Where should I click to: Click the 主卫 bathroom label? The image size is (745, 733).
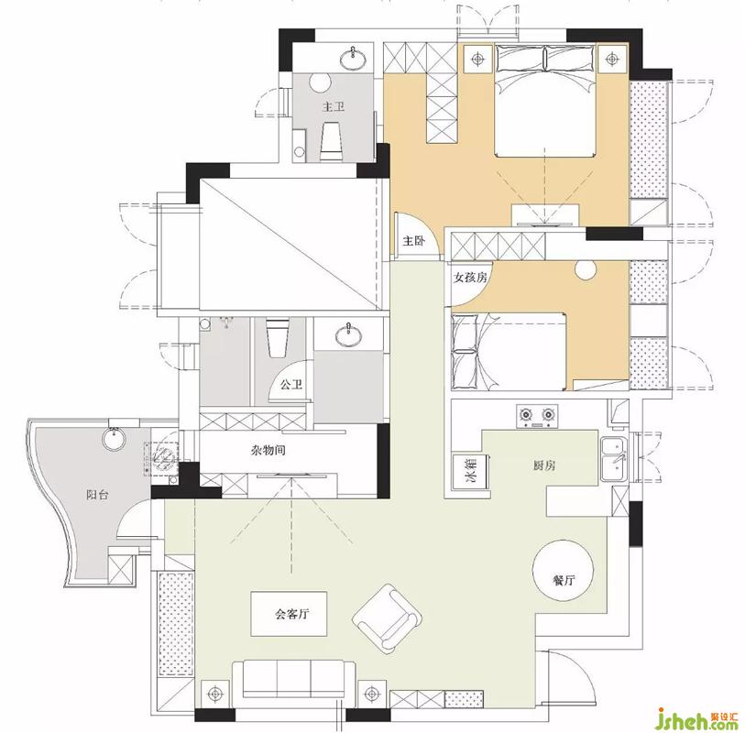coord(333,106)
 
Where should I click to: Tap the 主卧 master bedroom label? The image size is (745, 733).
coord(413,241)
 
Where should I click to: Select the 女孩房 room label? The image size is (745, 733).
coord(470,277)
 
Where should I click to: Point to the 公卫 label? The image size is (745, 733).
coord(290,384)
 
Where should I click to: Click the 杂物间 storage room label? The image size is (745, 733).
coord(268,449)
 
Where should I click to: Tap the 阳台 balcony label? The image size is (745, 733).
coord(97,495)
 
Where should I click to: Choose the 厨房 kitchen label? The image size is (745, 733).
coord(543,465)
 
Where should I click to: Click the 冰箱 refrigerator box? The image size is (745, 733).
coord(472,470)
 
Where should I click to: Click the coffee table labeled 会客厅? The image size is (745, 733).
coord(289,614)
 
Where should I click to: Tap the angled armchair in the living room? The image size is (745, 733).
coord(388,618)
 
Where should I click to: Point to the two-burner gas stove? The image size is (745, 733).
coord(537,417)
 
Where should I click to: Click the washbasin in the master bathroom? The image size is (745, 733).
coord(353,57)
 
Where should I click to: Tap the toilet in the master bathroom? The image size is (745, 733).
coord(333,141)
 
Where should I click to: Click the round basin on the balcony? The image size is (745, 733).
coord(114,439)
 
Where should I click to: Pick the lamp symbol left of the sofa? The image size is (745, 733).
coord(215,694)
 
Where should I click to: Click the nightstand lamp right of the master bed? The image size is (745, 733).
coord(611,59)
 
